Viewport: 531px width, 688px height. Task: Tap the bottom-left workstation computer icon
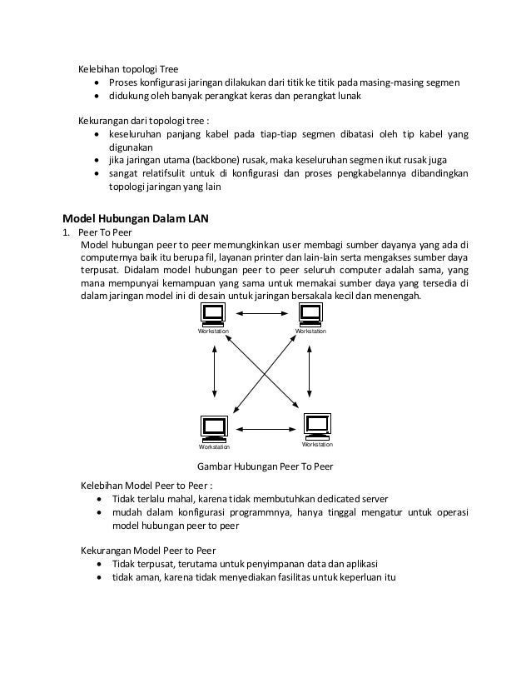pyautogui.click(x=213, y=426)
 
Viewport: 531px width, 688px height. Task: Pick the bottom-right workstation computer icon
pyautogui.click(x=316, y=425)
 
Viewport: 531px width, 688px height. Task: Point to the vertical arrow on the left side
pyautogui.click(x=215, y=371)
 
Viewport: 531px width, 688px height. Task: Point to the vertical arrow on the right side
pyautogui.click(x=310, y=371)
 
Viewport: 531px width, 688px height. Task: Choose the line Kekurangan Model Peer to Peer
pyautogui.click(x=147, y=551)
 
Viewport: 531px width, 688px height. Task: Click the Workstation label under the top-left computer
pyautogui.click(x=213, y=332)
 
